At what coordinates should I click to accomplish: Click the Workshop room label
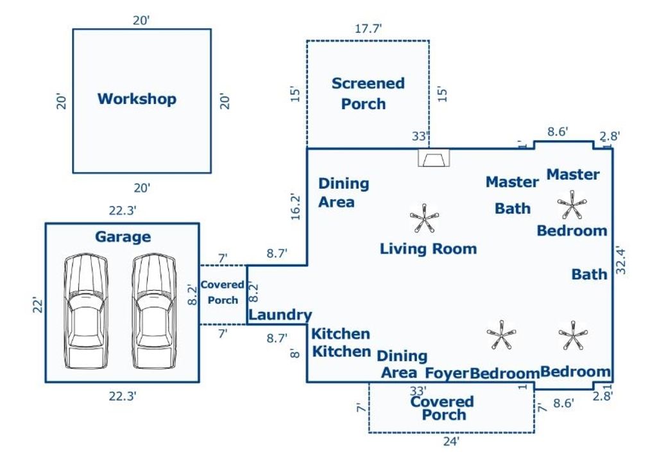click(137, 99)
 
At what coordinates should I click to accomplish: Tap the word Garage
click(123, 236)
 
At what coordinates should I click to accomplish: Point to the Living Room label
click(428, 248)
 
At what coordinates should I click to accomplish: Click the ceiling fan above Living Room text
click(424, 218)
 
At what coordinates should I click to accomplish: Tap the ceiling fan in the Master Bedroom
click(570, 205)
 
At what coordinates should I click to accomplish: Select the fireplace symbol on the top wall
click(433, 157)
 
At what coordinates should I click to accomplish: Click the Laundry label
click(280, 315)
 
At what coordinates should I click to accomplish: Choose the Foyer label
click(447, 373)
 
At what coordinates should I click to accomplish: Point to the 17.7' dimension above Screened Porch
click(368, 28)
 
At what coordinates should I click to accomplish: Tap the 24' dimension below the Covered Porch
click(451, 442)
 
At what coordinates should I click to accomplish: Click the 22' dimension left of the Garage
click(37, 304)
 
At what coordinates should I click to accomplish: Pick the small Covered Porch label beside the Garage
click(223, 292)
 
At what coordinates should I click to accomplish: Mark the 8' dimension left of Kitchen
click(296, 352)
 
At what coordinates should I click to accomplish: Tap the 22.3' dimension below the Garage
click(122, 396)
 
